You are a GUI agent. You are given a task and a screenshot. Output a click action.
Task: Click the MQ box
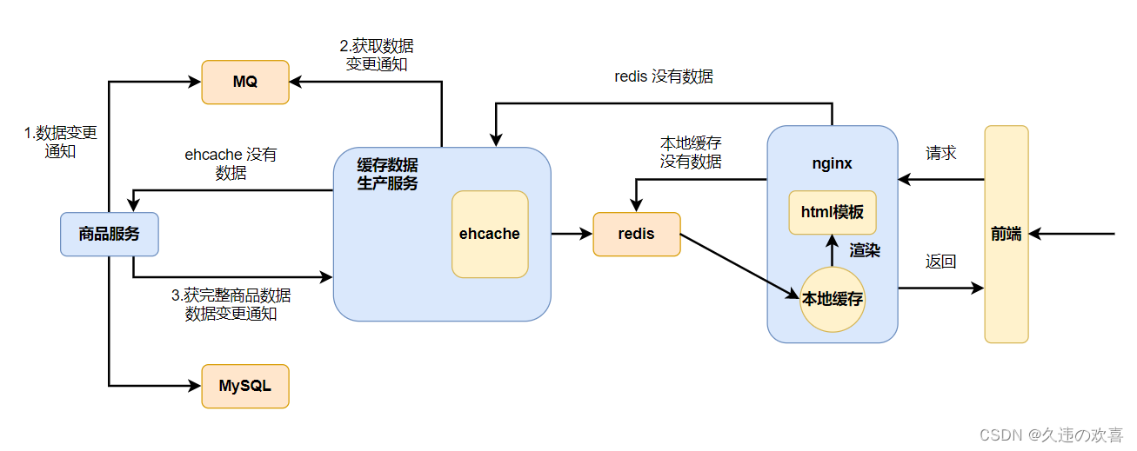[245, 83]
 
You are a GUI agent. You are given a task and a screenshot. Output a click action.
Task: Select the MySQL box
[245, 386]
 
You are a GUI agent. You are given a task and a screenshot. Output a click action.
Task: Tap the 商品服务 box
[109, 234]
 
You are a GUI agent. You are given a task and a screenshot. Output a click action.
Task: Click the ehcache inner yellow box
[490, 234]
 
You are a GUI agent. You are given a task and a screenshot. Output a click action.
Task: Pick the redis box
[637, 234]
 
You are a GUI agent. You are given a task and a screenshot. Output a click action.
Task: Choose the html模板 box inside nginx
[833, 212]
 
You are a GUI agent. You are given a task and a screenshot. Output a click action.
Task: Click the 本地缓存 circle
[833, 299]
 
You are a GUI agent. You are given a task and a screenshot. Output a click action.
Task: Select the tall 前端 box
[1007, 234]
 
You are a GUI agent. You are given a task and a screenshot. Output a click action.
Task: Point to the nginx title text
[832, 164]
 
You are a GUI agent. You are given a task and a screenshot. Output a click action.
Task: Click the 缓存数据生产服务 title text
[387, 174]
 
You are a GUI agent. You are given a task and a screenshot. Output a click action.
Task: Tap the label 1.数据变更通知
[60, 142]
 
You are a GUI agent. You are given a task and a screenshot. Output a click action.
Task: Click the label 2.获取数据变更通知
[377, 56]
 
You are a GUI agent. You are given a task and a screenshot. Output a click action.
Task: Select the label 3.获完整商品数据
[231, 295]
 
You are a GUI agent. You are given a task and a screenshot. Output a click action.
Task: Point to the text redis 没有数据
[664, 76]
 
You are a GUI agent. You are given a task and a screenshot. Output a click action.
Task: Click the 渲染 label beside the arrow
[865, 250]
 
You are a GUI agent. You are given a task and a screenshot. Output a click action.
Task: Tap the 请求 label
[940, 153]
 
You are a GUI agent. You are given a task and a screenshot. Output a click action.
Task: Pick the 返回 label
[940, 262]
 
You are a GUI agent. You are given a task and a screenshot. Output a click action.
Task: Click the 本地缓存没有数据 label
[691, 152]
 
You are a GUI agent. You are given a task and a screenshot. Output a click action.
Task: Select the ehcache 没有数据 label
[231, 163]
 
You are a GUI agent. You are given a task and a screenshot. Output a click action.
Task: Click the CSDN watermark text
[1051, 434]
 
